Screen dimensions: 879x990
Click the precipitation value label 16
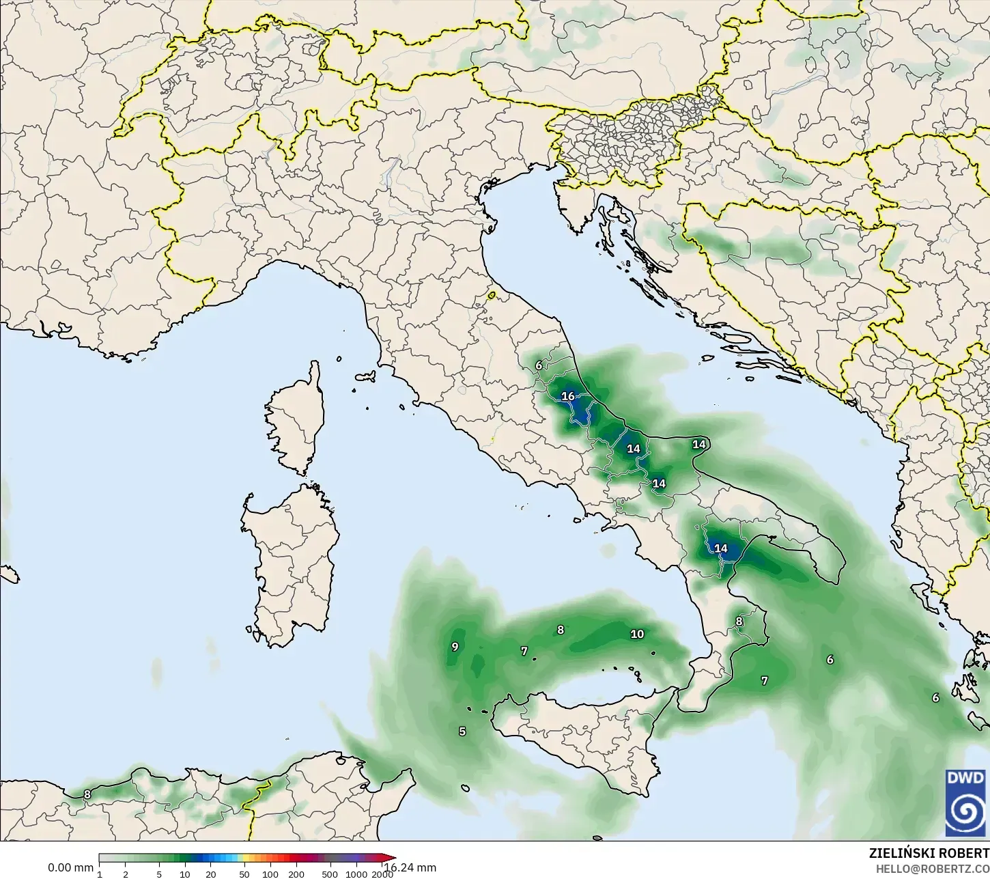click(568, 396)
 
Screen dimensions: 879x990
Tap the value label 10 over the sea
click(637, 634)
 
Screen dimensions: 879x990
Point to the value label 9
click(455, 647)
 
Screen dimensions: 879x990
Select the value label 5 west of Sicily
click(462, 731)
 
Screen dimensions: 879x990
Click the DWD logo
click(965, 803)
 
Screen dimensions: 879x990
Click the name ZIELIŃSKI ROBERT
click(929, 854)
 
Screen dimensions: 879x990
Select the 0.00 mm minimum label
click(70, 868)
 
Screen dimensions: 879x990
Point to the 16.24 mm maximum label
click(411, 868)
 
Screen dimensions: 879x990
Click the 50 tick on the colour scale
click(244, 874)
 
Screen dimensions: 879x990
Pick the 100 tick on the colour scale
click(270, 874)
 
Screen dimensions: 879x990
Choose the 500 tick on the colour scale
click(330, 874)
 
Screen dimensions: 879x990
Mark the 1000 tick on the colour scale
click(356, 874)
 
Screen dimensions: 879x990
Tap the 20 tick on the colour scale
click(210, 874)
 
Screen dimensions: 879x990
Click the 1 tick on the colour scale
click(100, 874)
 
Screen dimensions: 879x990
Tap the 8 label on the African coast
click(87, 794)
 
